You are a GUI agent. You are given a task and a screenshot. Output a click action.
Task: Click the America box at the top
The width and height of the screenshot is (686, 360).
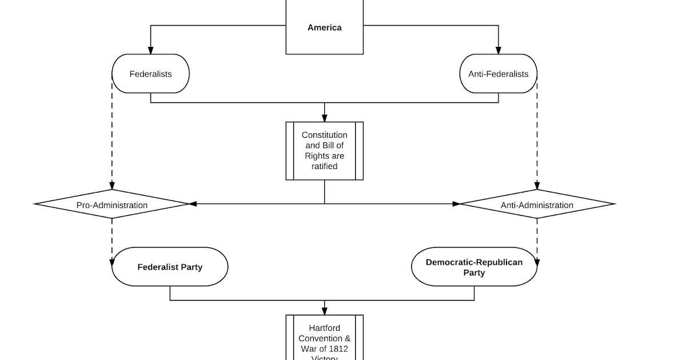click(324, 27)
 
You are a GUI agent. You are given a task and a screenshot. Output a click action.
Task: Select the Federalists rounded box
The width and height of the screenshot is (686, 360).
click(150, 74)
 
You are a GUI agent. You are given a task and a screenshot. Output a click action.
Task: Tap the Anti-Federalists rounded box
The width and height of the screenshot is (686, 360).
click(498, 74)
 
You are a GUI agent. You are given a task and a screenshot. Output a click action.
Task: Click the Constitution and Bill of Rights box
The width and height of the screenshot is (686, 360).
click(324, 151)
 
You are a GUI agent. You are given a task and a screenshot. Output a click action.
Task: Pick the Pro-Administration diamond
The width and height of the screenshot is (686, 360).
click(112, 205)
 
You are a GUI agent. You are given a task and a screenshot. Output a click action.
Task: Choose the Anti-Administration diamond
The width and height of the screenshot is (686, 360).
click(537, 205)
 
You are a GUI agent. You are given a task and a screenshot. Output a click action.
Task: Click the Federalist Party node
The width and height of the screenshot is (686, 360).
click(170, 267)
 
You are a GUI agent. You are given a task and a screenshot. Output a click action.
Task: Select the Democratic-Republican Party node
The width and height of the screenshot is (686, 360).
click(474, 267)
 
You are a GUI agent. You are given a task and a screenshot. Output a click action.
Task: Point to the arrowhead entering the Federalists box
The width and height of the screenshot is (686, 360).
click(151, 50)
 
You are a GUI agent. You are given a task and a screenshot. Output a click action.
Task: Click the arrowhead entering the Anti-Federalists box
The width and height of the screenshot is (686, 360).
click(498, 50)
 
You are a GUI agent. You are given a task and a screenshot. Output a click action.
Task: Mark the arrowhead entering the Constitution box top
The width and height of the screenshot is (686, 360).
click(325, 118)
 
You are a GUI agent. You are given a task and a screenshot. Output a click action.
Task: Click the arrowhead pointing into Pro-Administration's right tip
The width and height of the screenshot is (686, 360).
click(193, 204)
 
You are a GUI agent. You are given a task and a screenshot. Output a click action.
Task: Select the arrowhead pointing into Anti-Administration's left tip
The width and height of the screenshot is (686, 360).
click(456, 204)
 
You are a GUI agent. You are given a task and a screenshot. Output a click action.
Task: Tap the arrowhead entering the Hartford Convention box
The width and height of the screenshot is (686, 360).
click(325, 311)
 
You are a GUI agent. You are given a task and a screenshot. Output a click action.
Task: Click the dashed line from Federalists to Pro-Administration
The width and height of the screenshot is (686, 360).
click(112, 137)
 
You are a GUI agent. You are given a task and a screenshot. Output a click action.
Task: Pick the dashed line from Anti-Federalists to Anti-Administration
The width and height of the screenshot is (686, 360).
click(537, 137)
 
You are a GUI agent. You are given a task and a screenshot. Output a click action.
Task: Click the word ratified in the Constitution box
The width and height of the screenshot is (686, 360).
click(324, 166)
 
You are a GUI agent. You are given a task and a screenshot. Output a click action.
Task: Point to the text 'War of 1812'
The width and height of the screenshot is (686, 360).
click(324, 349)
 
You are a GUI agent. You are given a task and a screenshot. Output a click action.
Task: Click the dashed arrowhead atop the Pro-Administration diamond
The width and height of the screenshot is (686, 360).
click(112, 186)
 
